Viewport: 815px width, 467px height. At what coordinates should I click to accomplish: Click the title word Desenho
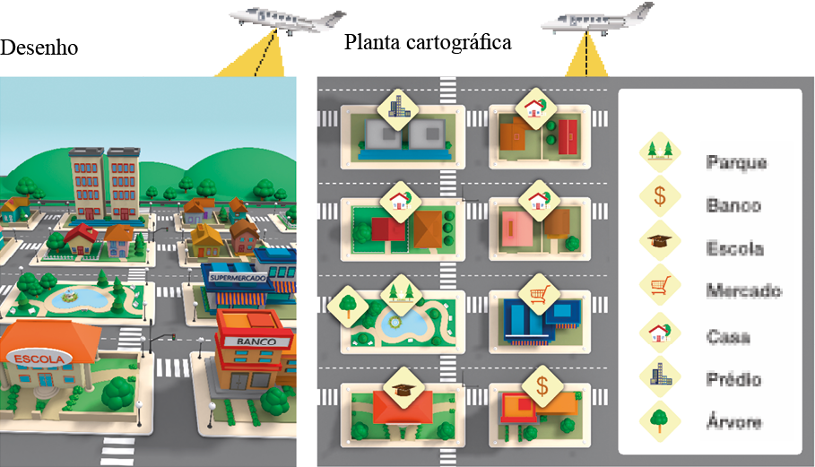[x=39, y=47]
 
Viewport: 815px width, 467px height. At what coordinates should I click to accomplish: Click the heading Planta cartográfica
[x=428, y=41]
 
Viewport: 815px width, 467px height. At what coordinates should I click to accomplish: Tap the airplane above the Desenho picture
[x=285, y=19]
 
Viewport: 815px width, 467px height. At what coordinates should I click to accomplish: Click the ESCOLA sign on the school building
[x=40, y=359]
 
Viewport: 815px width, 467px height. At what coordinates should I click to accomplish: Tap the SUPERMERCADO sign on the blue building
[x=237, y=278]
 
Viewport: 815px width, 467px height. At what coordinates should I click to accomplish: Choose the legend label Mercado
[x=743, y=290]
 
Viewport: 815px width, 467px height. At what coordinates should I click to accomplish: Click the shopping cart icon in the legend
[x=660, y=286]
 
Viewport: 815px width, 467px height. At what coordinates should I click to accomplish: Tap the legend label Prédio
[x=733, y=379]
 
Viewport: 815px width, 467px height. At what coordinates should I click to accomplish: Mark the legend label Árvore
[x=733, y=422]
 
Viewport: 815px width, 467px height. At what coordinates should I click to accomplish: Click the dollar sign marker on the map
[x=542, y=386]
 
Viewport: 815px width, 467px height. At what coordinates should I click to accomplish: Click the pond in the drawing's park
[x=68, y=296]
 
